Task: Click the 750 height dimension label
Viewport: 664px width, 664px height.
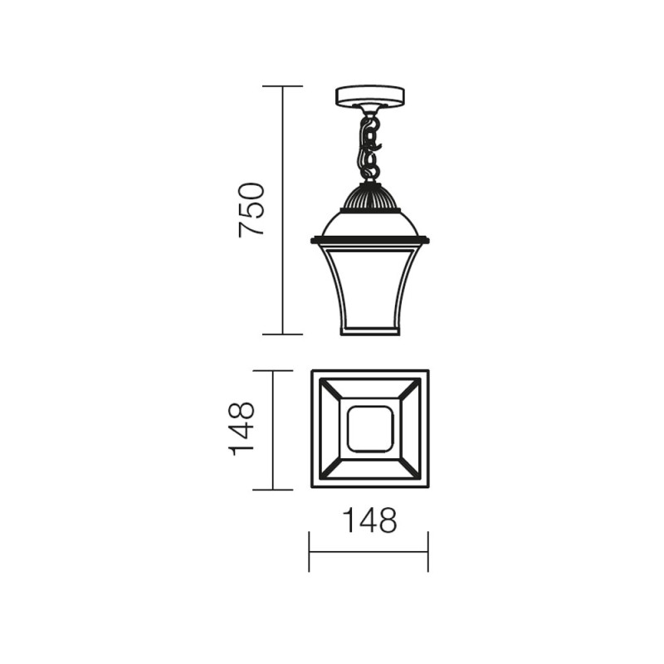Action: click(x=251, y=209)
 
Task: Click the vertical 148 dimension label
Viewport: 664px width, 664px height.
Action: click(x=242, y=428)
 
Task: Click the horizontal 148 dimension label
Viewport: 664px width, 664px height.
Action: click(x=369, y=520)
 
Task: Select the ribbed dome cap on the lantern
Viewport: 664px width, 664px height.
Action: click(x=369, y=198)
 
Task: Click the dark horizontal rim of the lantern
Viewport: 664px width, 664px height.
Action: click(x=369, y=240)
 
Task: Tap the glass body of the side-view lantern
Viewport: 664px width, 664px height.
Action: click(x=369, y=286)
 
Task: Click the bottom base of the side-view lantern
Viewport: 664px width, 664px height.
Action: click(x=369, y=331)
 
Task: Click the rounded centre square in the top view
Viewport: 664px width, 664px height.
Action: click(x=369, y=429)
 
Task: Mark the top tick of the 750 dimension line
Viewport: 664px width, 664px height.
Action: click(x=282, y=86)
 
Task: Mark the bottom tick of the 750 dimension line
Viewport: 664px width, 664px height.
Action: click(x=282, y=334)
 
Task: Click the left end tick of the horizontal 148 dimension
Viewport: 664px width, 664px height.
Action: click(x=310, y=552)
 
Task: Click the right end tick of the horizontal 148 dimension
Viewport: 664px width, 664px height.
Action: click(x=428, y=552)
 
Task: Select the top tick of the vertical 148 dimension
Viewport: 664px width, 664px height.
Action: click(x=273, y=370)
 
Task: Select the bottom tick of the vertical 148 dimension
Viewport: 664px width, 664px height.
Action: click(x=273, y=490)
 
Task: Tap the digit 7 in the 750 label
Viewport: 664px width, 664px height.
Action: click(x=251, y=228)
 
